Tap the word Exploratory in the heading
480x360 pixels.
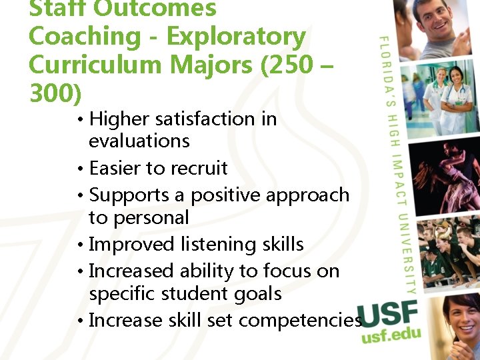[x=236, y=37]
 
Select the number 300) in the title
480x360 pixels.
[x=55, y=94]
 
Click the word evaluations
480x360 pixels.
[x=139, y=141]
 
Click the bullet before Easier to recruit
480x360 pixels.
[x=79, y=169]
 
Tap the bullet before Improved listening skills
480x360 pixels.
[x=79, y=245]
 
